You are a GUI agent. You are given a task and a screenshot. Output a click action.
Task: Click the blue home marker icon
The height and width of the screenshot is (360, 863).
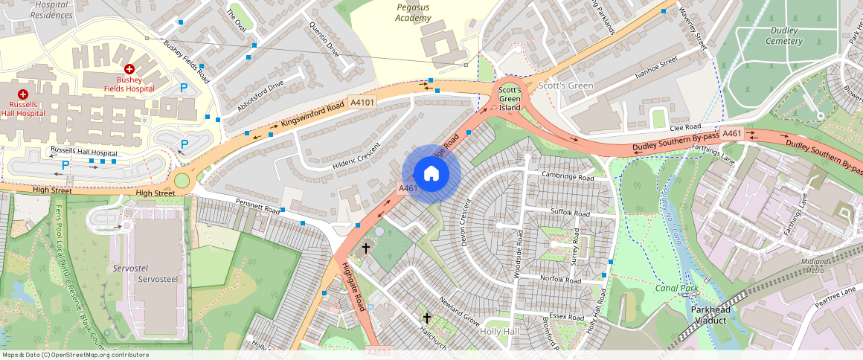click(x=431, y=174)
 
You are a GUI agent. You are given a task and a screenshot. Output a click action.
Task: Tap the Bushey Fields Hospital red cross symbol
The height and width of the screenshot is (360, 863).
click(x=129, y=68)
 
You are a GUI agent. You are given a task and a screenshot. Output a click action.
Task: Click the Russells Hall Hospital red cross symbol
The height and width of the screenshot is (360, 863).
click(x=22, y=94)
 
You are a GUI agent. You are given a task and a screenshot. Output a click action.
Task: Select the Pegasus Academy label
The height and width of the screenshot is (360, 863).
click(x=414, y=13)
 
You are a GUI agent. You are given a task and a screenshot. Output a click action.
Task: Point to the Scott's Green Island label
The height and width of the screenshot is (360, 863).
click(x=510, y=98)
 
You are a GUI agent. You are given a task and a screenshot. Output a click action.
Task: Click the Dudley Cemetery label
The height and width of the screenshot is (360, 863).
click(x=784, y=36)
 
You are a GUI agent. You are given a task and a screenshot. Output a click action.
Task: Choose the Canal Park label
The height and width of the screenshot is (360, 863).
click(x=677, y=287)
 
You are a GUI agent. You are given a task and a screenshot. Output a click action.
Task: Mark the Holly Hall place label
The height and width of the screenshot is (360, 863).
click(x=499, y=331)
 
